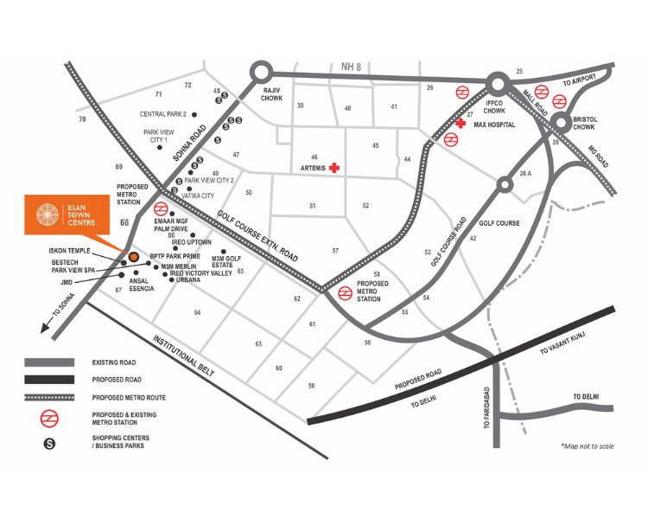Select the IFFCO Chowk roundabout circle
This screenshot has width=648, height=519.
pyautogui.click(x=498, y=84)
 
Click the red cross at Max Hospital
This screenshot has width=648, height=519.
pyautogui.click(x=461, y=125)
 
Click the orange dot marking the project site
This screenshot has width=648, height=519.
pyautogui.click(x=134, y=257)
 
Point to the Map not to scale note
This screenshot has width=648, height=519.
pyautogui.click(x=587, y=446)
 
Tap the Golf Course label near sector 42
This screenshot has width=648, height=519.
pyautogui.click(x=499, y=222)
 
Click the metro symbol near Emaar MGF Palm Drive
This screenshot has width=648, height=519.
pyautogui.click(x=161, y=209)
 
